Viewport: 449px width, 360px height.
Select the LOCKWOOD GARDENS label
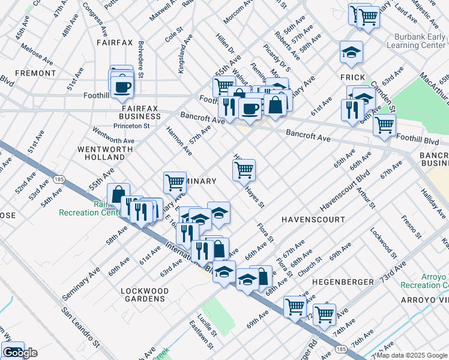click(143, 294)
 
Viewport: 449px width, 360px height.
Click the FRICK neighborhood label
click(353, 77)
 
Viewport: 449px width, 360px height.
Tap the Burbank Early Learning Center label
click(415, 41)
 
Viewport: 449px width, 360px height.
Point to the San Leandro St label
click(81, 329)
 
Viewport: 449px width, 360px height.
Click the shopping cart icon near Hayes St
click(244, 170)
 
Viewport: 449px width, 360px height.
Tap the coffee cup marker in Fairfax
click(122, 87)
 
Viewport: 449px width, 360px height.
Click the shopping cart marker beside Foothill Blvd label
click(384, 125)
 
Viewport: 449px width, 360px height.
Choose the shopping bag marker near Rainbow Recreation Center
click(118, 193)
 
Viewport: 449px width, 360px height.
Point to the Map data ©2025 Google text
click(412, 355)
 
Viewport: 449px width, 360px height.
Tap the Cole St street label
click(174, 37)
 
